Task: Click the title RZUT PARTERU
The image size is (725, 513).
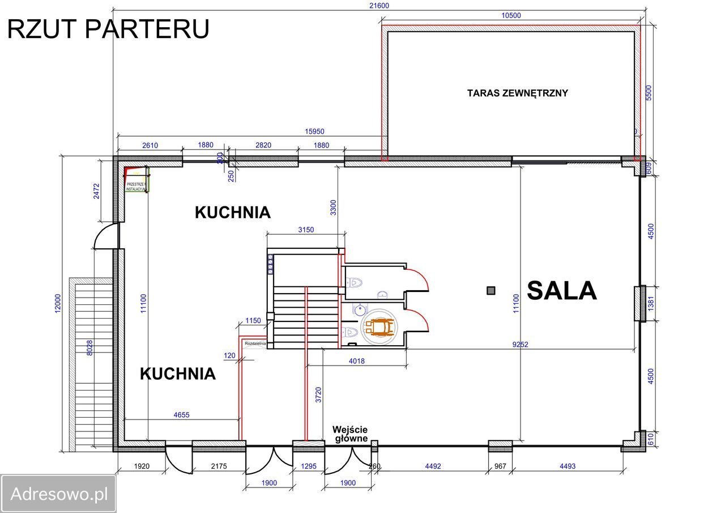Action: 108,29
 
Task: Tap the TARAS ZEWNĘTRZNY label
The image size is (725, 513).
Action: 517,93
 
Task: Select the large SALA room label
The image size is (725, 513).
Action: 561,291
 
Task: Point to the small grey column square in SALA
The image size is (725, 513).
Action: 491,291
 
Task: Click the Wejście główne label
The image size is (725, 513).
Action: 350,434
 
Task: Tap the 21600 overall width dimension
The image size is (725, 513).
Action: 379,5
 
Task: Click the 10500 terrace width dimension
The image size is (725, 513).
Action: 511,16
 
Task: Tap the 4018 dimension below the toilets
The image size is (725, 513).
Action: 356,361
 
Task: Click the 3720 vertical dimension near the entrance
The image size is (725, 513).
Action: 318,395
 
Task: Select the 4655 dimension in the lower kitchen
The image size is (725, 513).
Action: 181,414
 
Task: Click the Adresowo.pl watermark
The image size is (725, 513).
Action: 59,494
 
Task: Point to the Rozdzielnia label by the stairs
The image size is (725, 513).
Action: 254,344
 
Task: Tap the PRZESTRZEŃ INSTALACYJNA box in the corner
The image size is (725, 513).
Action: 136,186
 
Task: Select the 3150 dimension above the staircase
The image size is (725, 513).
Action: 305,230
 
